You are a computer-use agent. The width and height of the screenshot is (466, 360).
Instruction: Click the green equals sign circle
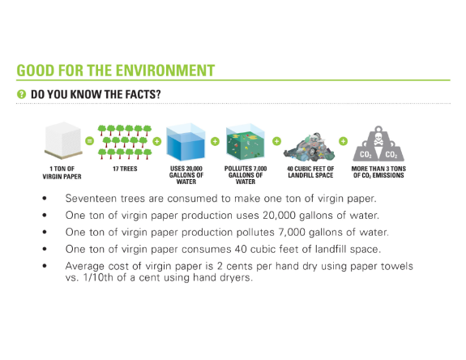pos(90,140)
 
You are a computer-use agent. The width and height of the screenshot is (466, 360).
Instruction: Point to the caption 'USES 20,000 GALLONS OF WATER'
pos(185,174)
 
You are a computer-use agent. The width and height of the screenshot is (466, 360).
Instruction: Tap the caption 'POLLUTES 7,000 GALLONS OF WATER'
pos(246,174)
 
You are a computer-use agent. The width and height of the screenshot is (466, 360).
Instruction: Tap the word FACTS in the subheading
pos(141,95)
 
